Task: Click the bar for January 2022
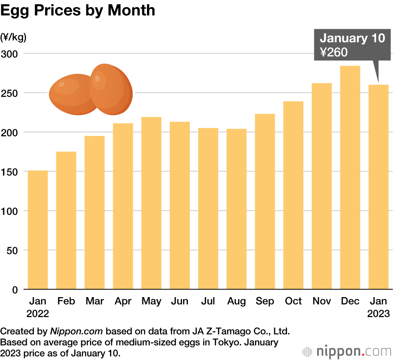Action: coord(38,230)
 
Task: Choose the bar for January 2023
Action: coord(378,187)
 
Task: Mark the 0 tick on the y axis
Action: coord(15,290)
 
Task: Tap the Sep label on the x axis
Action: coord(265,301)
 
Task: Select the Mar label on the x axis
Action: coord(94,301)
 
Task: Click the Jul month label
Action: coord(208,301)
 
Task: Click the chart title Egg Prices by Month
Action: coord(77,11)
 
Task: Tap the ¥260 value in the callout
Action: coord(334,52)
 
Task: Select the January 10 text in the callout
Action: coord(352,38)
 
